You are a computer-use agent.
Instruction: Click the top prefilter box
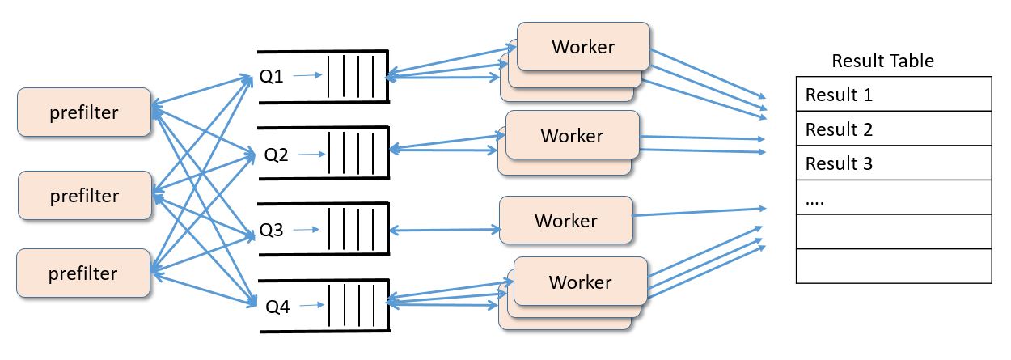pyautogui.click(x=84, y=112)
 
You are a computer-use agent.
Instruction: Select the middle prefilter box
pyautogui.click(x=84, y=196)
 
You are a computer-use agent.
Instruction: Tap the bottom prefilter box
pyautogui.click(x=84, y=273)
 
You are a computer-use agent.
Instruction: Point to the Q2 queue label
pyautogui.click(x=277, y=154)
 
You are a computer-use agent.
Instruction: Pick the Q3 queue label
pyautogui.click(x=271, y=231)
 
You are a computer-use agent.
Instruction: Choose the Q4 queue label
pyautogui.click(x=277, y=306)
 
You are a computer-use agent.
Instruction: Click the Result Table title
pyautogui.click(x=882, y=61)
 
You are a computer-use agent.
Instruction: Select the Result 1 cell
pyautogui.click(x=894, y=95)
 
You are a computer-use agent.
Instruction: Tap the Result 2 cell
pyautogui.click(x=894, y=129)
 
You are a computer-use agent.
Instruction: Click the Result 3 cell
pyautogui.click(x=894, y=163)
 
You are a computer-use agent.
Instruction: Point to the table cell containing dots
pyautogui.click(x=894, y=198)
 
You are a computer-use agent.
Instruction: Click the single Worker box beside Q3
pyautogui.click(x=565, y=220)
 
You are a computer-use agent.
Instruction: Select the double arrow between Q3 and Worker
pyautogui.click(x=444, y=231)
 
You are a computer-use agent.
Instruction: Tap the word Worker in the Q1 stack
pyautogui.click(x=583, y=47)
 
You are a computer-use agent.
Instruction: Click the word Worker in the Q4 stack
pyautogui.click(x=580, y=282)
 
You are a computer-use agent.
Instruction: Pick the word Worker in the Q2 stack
pyautogui.click(x=572, y=136)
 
